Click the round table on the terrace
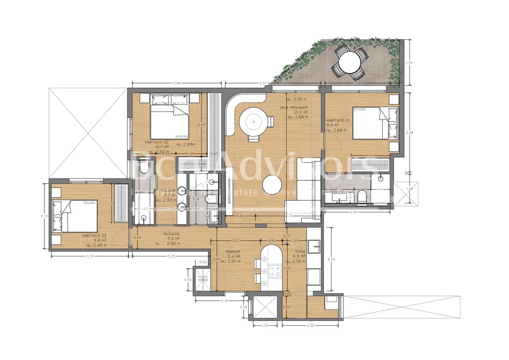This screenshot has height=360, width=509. coord(349,62)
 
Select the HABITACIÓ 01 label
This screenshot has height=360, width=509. coord(338,120)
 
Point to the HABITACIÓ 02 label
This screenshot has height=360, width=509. coord(156,142)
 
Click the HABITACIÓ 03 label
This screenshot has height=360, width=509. coord(94,236)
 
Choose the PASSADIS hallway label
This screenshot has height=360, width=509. coord(171,234)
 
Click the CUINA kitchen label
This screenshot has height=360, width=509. coord(300,252)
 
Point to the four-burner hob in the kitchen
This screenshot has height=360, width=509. coord(275,271)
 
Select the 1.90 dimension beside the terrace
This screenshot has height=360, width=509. coord(409,62)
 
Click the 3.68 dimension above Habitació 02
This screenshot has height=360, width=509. coord(176,83)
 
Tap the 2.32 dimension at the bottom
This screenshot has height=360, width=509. coord(310,326)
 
